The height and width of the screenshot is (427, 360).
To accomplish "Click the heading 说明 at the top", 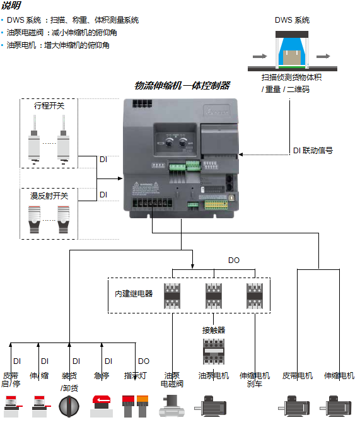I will pyautogui.click(x=11, y=5).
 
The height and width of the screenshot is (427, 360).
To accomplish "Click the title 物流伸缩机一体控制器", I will pyautogui.click(x=182, y=86).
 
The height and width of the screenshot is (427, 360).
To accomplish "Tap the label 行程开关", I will pyautogui.click(x=49, y=106).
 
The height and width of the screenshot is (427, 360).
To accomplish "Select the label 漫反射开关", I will pyautogui.click(x=49, y=196).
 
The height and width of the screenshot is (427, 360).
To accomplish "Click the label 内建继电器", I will pyautogui.click(x=134, y=293).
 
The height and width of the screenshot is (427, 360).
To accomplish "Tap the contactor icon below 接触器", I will pyautogui.click(x=214, y=351).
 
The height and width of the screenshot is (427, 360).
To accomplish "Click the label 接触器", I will pyautogui.click(x=214, y=330).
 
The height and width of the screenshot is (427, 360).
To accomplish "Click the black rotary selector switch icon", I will pyautogui.click(x=69, y=405).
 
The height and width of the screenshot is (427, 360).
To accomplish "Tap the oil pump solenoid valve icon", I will pyautogui.click(x=171, y=405).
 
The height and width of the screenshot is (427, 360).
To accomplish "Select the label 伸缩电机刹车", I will pyautogui.click(x=255, y=380).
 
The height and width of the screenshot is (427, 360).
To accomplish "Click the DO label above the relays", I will pyautogui.click(x=234, y=260).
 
